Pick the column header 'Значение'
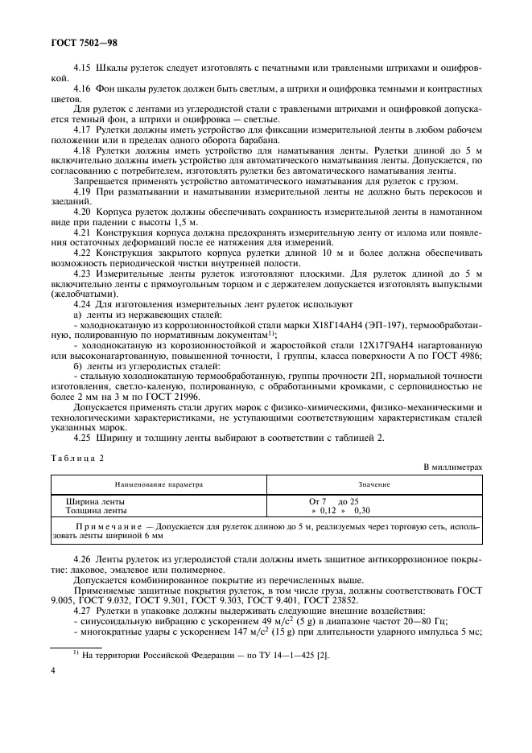pyautogui.click(x=374, y=485)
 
